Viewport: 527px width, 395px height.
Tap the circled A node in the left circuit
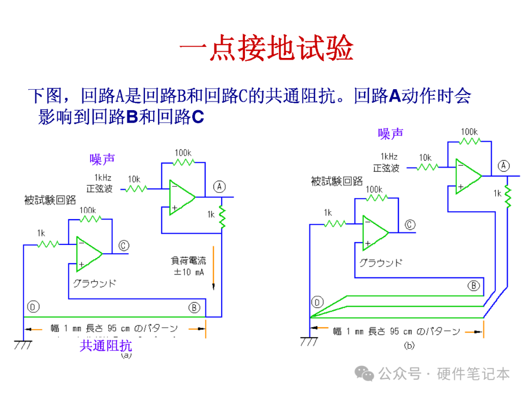tap(220, 186)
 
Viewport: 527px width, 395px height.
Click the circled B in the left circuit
tap(194, 307)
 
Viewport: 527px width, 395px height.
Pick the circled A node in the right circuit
tap(504, 166)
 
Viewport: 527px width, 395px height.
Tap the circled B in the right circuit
tap(473, 285)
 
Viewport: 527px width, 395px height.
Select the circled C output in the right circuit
tap(410, 225)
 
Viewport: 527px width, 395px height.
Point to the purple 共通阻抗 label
tap(106, 346)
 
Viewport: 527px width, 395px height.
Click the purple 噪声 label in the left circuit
tap(102, 159)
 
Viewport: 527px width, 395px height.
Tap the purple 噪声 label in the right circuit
tap(390, 133)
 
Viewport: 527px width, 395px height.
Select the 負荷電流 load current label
tap(188, 262)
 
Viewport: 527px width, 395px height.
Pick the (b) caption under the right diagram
tap(409, 346)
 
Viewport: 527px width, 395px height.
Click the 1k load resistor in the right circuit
tap(508, 195)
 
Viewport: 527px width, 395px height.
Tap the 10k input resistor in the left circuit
tap(136, 188)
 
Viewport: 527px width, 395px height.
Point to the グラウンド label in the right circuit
tap(381, 263)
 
